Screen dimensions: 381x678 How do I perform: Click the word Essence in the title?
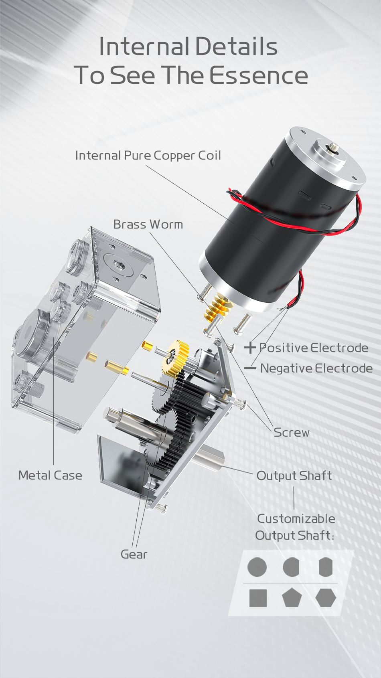[259, 75]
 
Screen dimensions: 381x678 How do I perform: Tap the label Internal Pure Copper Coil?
[148, 156]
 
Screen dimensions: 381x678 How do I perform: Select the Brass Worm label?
[148, 224]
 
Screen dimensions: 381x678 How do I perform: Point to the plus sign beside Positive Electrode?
[250, 348]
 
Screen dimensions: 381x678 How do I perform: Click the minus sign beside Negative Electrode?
[250, 368]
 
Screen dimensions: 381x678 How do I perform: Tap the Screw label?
[291, 432]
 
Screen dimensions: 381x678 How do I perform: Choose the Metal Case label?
[50, 475]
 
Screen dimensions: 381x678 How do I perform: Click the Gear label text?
[134, 555]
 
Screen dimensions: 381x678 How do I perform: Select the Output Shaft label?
[294, 476]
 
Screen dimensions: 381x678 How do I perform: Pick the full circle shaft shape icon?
[257, 567]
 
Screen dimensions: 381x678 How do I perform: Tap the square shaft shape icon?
[258, 598]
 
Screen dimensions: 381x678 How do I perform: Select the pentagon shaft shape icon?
[292, 598]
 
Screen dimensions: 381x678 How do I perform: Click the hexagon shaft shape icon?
[326, 598]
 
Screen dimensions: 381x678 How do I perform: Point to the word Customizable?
[296, 519]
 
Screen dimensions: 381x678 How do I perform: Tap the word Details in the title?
[236, 47]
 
